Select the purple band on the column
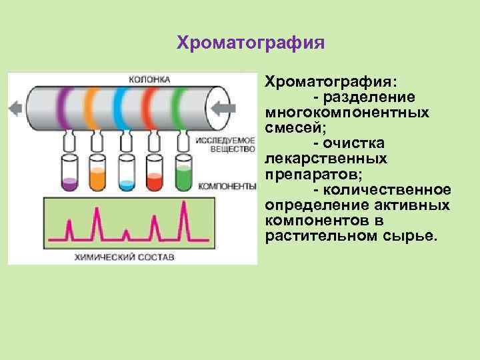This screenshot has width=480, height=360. (62, 107)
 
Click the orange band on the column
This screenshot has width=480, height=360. (91, 107)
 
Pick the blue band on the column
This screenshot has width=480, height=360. (121, 107)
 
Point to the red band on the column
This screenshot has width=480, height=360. (149, 107)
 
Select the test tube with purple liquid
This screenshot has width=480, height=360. (68, 171)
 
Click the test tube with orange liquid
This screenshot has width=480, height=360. (97, 171)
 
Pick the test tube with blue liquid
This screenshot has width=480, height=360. (125, 171)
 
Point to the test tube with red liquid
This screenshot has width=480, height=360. (154, 171)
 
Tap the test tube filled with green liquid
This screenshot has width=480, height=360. (183, 171)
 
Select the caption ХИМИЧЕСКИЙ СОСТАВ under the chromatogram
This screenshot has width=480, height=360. (131, 256)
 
